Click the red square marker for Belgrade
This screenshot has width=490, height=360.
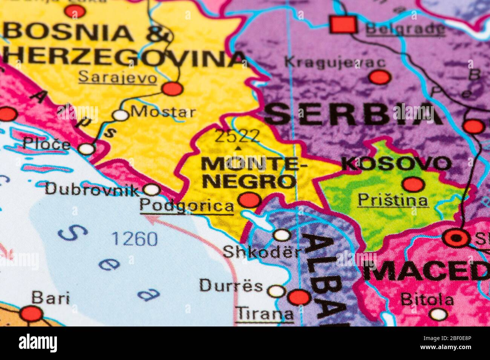[343, 24]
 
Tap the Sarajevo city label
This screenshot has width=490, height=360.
[117, 78]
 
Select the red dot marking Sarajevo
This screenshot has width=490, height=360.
[172, 88]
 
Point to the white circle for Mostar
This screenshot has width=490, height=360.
[121, 115]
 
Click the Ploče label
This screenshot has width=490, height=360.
[46, 143]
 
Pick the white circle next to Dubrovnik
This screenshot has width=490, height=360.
[152, 189]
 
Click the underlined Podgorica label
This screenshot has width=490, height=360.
[187, 206]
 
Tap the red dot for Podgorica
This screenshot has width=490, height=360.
[250, 199]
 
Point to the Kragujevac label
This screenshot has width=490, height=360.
[335, 62]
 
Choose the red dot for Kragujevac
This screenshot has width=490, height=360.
[379, 77]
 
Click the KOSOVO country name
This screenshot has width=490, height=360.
[396, 163]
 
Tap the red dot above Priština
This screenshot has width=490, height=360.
[413, 185]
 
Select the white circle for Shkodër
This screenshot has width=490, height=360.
[282, 235]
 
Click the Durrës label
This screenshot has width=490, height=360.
[231, 286]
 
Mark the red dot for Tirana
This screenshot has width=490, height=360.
[299, 297]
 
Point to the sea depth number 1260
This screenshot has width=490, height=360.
[135, 239]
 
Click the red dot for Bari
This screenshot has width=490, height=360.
[31, 313]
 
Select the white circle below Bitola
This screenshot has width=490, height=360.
[438, 314]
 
